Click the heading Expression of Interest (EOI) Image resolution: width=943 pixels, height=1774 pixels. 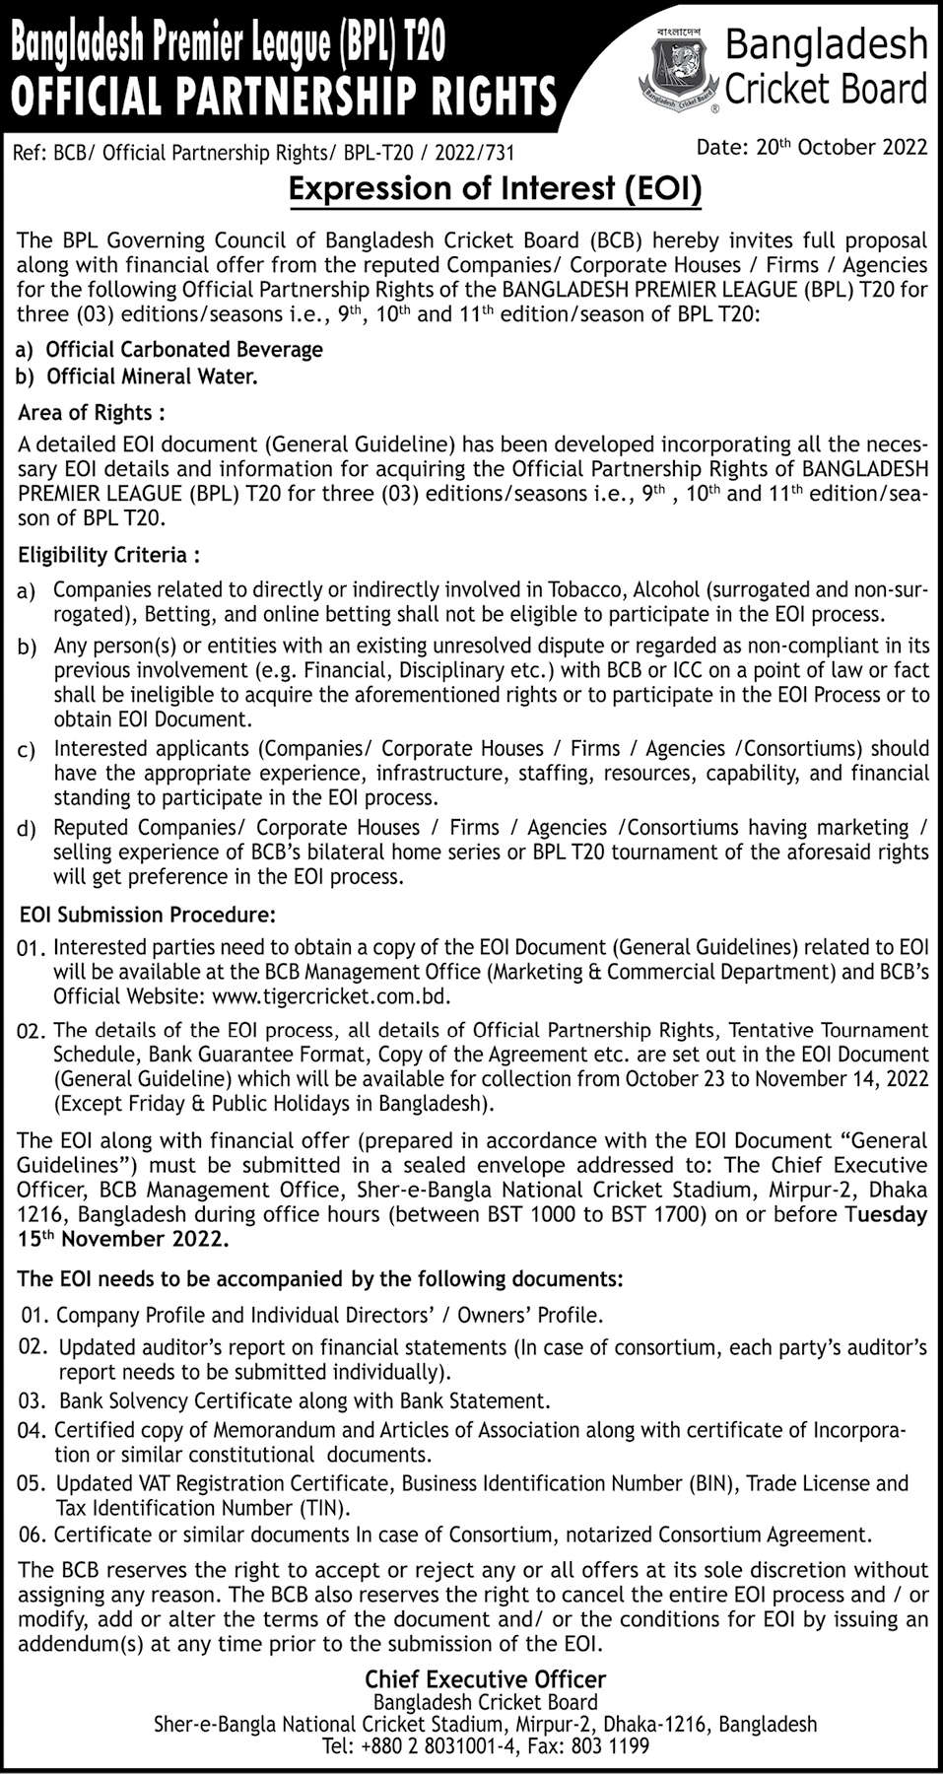tap(495, 188)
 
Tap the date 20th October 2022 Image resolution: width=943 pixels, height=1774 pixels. tap(812, 148)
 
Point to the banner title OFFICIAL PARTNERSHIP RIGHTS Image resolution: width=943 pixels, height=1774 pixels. tap(284, 98)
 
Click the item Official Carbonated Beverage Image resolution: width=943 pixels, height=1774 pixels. tap(184, 349)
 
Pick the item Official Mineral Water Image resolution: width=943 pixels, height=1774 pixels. tap(152, 375)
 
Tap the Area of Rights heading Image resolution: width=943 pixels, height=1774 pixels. tap(92, 412)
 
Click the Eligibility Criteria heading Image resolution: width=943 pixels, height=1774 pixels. tap(109, 555)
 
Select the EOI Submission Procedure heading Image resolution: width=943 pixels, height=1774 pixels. tap(148, 915)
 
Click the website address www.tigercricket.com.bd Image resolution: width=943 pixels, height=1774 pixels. tap(331, 996)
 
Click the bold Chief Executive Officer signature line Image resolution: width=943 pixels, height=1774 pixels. tap(485, 1679)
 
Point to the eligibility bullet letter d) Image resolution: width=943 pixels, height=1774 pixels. tap(27, 830)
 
